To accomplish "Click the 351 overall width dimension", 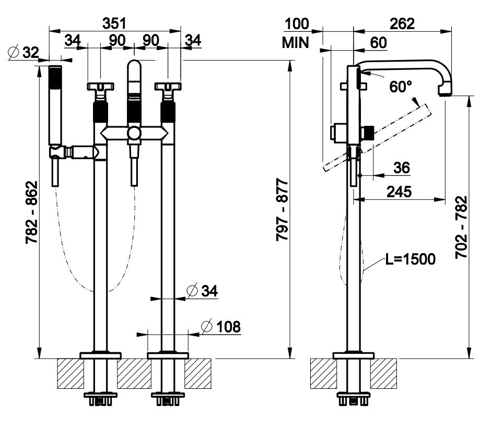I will pos(114,23).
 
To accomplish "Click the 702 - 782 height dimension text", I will pos(461,228).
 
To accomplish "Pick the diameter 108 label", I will pos(221,327).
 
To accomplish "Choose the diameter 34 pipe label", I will pos(201,290).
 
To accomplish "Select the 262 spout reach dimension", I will pos(401,23).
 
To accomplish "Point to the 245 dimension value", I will pos(399,192).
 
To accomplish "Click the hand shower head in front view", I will pos(55,104).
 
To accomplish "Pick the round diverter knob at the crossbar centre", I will pos(134,134).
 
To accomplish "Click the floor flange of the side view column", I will pos(354,356).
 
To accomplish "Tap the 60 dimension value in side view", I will pos(379,43).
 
